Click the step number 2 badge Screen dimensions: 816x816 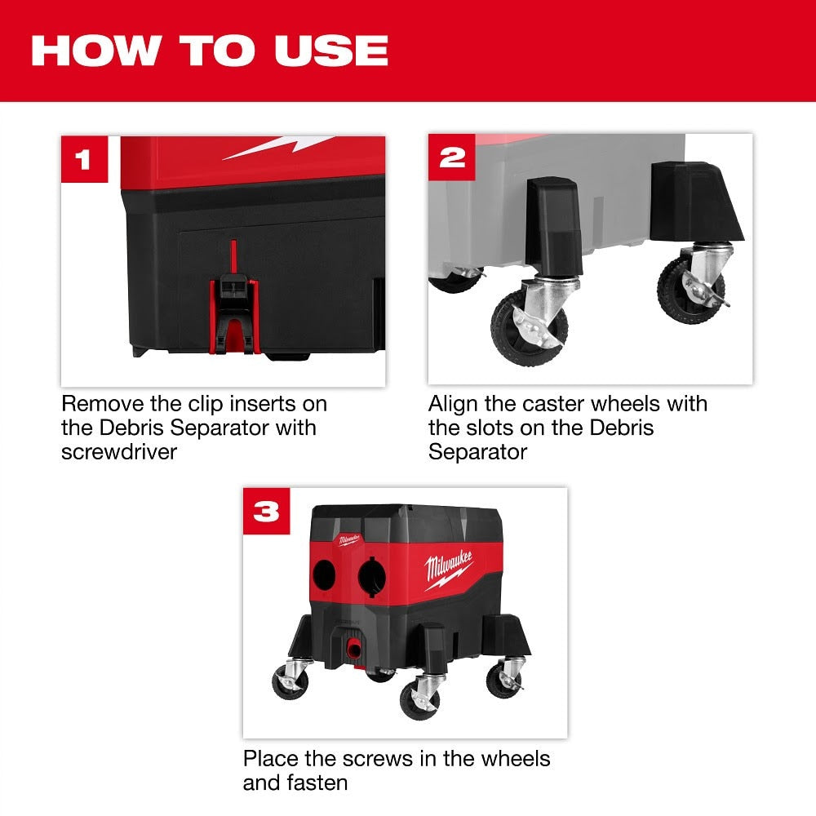451,158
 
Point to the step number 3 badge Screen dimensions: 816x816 266,512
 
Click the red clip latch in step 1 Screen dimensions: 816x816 234,314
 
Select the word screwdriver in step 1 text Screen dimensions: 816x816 118,451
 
